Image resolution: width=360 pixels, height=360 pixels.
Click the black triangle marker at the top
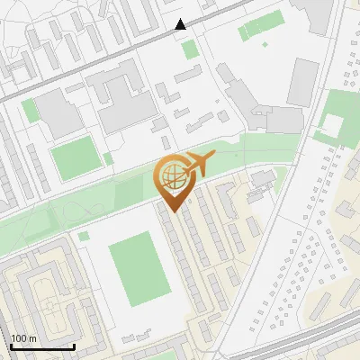pos(181,24)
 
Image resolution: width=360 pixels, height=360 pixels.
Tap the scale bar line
pos(42,346)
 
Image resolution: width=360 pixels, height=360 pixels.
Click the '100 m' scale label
pos(24,338)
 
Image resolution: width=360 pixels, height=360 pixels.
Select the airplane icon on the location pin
pos(197,165)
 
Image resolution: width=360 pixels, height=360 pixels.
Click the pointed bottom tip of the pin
pos(174,212)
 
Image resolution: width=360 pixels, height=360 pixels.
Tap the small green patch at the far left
pos(30,110)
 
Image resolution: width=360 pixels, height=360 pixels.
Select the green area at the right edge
pos(340,112)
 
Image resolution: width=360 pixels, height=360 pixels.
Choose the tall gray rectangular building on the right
pos(303,82)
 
